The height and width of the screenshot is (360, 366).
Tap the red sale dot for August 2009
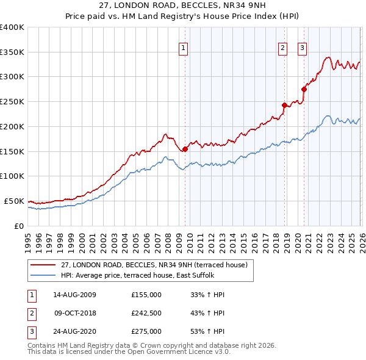(185, 148)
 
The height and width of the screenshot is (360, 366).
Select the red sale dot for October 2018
(284, 105)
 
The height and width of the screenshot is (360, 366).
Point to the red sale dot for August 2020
(304, 89)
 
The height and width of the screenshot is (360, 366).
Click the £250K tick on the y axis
(12, 102)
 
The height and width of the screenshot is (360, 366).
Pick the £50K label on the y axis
(14, 201)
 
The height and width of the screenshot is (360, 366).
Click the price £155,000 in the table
(146, 295)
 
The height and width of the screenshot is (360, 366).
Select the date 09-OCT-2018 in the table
(74, 314)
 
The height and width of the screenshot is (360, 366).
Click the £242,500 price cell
(146, 314)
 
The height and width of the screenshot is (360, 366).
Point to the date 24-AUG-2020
(74, 333)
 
